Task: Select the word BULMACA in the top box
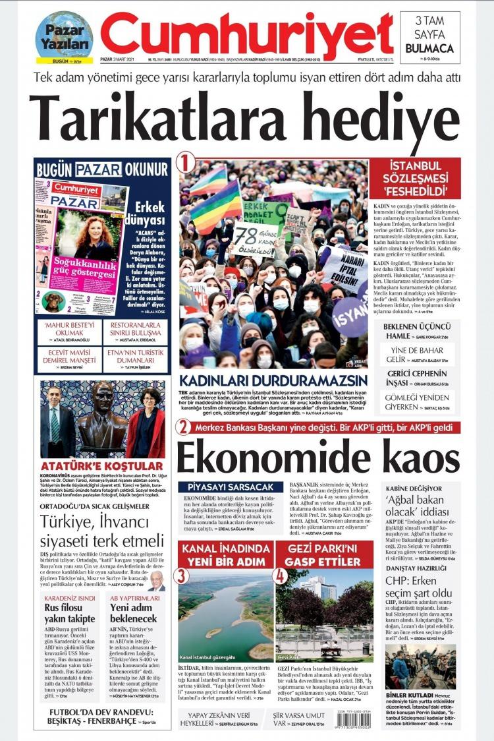[x=429, y=48]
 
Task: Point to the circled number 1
[x=188, y=162]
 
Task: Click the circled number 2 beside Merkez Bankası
[x=183, y=427]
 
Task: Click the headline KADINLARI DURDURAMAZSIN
[x=273, y=380]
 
